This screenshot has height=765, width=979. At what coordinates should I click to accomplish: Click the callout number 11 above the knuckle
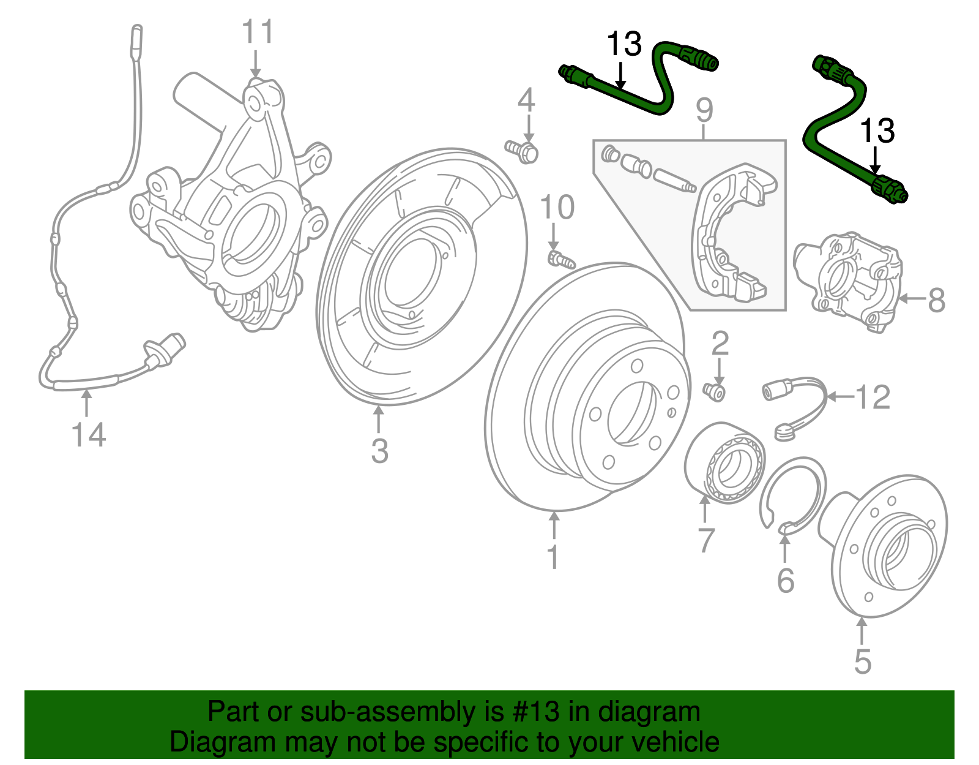[258, 31]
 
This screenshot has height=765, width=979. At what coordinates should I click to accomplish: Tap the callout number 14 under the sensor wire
[89, 435]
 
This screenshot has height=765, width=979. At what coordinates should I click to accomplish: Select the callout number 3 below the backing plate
[379, 450]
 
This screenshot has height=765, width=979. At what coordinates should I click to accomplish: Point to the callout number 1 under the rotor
[553, 557]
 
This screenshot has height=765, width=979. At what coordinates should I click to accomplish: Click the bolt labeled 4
[522, 151]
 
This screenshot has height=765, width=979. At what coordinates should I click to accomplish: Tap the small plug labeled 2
[714, 391]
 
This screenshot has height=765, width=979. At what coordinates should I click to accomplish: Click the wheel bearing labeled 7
[724, 463]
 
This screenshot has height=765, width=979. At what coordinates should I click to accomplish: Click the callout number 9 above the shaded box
[704, 110]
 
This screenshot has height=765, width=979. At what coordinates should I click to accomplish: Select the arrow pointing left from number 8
[912, 298]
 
